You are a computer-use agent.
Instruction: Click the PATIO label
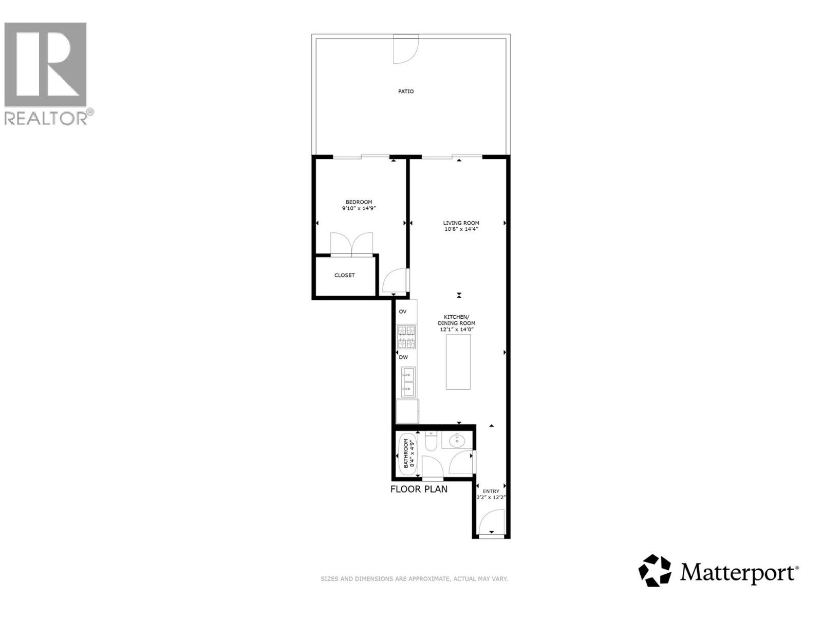pyautogui.click(x=406, y=92)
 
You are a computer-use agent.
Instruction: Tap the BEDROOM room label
pyautogui.click(x=359, y=202)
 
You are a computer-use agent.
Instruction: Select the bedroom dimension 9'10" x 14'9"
pyautogui.click(x=359, y=209)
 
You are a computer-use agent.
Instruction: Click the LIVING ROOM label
pyautogui.click(x=461, y=223)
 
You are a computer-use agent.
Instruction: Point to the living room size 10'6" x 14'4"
pyautogui.click(x=461, y=229)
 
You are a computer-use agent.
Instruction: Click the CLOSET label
pyautogui.click(x=344, y=276)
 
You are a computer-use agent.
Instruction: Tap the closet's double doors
pyautogui.click(x=351, y=244)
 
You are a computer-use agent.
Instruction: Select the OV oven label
pyautogui.click(x=403, y=312)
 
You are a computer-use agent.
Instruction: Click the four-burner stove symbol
pyautogui.click(x=406, y=337)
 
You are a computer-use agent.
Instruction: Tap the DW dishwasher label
pyautogui.click(x=403, y=357)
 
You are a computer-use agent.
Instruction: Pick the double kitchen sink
pyautogui.click(x=408, y=382)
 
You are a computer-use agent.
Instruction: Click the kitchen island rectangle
pyautogui.click(x=458, y=361)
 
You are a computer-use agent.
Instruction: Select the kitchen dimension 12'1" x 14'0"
pyautogui.click(x=457, y=330)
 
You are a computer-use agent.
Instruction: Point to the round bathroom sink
pyautogui.click(x=456, y=441)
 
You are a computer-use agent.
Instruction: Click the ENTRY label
pyautogui.click(x=491, y=492)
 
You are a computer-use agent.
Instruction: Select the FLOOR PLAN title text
pyautogui.click(x=419, y=489)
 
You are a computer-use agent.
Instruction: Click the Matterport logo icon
pyautogui.click(x=655, y=570)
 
